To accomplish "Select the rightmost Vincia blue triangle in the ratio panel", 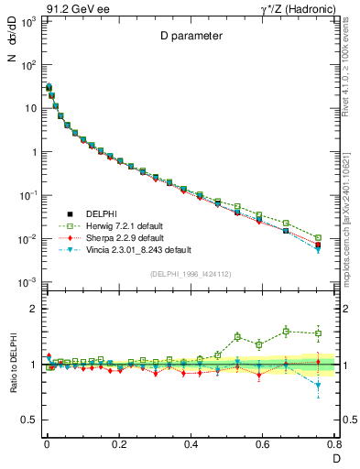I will coord(318,386).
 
